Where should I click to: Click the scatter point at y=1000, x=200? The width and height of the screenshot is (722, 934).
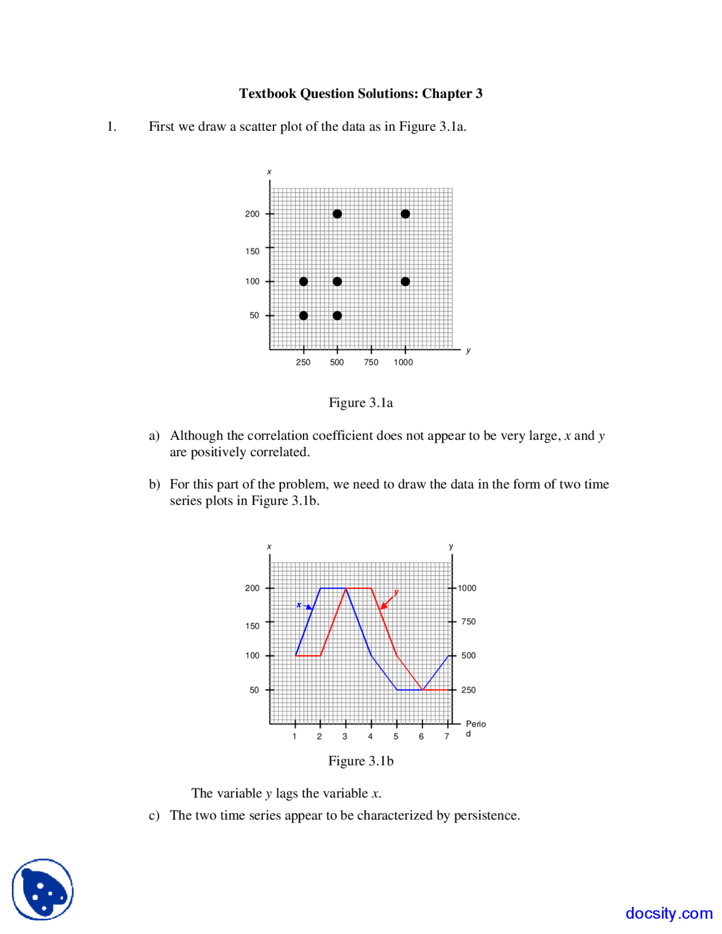(x=405, y=214)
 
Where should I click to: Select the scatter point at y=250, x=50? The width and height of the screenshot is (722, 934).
(x=303, y=315)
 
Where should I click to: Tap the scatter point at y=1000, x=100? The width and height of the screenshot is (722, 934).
(x=405, y=281)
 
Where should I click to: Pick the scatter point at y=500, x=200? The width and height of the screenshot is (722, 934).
(x=337, y=214)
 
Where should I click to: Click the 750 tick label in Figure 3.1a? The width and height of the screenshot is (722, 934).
(x=371, y=362)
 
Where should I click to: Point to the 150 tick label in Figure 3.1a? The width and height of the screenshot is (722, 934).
(x=252, y=251)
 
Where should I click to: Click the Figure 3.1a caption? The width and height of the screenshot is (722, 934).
(x=360, y=403)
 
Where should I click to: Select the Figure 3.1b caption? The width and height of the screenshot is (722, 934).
(x=360, y=761)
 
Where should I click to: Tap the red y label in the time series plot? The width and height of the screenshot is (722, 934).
(x=397, y=592)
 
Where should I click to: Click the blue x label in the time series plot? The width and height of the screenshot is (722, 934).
(x=299, y=605)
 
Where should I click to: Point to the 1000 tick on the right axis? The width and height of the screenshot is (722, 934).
(x=466, y=588)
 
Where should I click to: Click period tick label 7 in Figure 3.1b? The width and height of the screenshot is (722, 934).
(x=447, y=737)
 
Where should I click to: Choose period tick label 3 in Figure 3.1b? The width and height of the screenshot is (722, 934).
(x=345, y=737)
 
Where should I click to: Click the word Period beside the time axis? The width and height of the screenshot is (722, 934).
(x=475, y=724)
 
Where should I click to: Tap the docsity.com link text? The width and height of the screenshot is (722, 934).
(x=668, y=913)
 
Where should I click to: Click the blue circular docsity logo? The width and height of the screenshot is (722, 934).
(x=43, y=889)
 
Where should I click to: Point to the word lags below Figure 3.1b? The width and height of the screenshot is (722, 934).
(x=287, y=794)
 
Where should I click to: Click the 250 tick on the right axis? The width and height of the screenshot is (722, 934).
(x=468, y=690)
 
